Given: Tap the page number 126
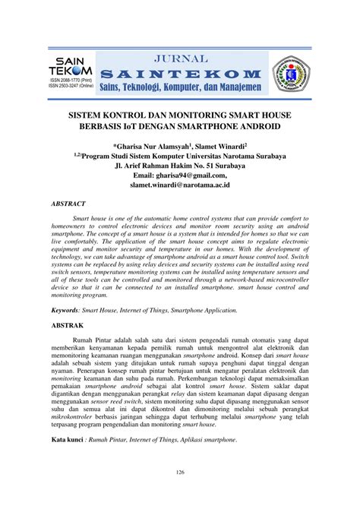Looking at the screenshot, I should coord(180,495).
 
